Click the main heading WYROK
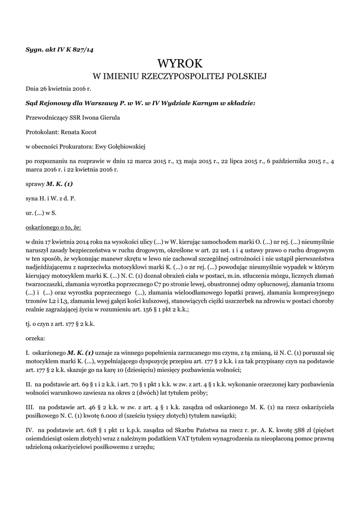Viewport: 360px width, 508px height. click(180, 63)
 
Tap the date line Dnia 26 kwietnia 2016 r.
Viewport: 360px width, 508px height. click(59, 90)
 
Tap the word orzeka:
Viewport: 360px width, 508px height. click(35, 339)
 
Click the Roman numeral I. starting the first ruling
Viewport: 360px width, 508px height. click(28, 353)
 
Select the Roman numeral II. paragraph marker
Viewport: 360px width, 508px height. click(29, 384)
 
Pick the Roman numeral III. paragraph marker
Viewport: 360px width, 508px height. click(30, 407)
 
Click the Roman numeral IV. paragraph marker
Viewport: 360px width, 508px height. click(30, 430)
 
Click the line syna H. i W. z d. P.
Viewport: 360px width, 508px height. click(50, 198)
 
